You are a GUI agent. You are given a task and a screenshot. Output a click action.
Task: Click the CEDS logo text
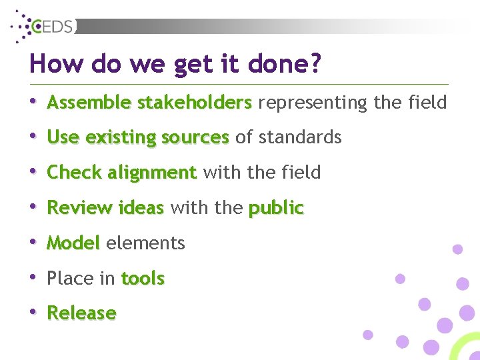(x=54, y=27)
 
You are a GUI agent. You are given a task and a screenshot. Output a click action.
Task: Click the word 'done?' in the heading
(x=286, y=65)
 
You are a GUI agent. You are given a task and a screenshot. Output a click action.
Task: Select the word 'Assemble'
(x=89, y=103)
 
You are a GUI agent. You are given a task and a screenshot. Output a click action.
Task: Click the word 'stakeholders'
(x=194, y=103)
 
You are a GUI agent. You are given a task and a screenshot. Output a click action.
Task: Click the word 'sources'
(x=195, y=138)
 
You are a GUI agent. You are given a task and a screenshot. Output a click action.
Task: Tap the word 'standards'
(x=298, y=138)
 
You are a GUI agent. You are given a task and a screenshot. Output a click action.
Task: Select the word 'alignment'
(x=152, y=173)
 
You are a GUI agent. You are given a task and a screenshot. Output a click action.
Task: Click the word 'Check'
(x=74, y=173)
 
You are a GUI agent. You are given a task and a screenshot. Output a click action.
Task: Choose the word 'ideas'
(x=140, y=208)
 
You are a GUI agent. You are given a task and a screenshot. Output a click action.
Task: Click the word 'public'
(x=275, y=209)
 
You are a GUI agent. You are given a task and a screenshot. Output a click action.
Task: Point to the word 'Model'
(x=73, y=243)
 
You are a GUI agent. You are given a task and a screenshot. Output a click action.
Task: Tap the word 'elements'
(x=145, y=243)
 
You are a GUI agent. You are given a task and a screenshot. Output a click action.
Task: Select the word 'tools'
(x=143, y=279)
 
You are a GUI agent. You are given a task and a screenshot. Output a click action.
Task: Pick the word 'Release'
(x=81, y=313)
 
